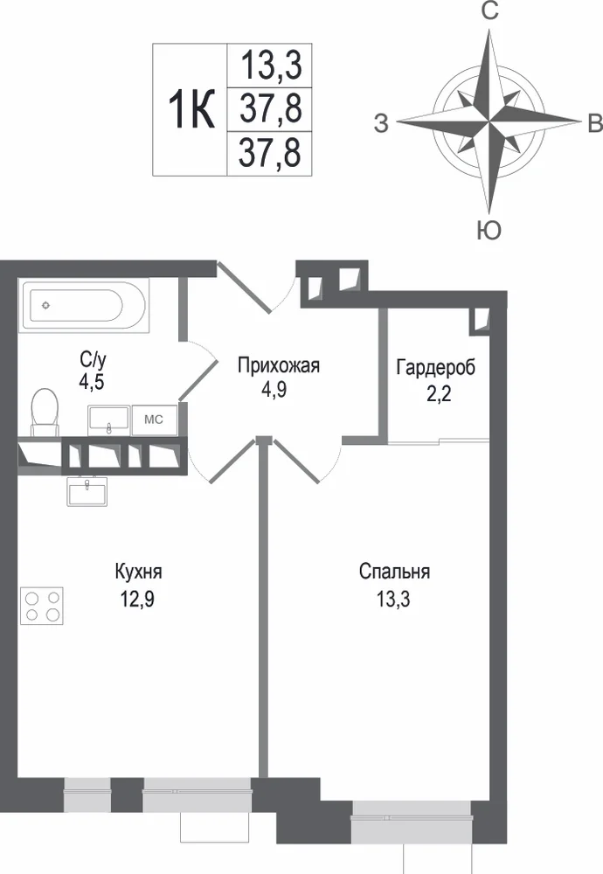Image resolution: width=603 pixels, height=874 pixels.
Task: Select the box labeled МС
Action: point(155,420)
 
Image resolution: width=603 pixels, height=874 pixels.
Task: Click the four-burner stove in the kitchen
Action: point(42,606)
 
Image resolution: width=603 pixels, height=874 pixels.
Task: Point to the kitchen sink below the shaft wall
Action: point(87,491)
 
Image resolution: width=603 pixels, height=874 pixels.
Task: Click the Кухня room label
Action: point(138,572)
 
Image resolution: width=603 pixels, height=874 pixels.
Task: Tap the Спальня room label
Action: point(394,572)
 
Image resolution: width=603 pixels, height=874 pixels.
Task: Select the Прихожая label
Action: point(278,366)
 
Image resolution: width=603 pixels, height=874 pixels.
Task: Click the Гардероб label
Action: point(436,368)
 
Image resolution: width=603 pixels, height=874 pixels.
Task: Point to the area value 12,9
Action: point(137,600)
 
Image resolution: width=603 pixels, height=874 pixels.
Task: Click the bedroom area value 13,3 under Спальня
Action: point(393,600)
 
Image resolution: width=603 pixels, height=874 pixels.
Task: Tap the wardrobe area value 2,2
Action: point(439,394)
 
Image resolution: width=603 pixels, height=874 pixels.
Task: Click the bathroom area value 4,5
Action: point(92,382)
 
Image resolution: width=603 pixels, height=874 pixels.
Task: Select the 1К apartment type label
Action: point(191,110)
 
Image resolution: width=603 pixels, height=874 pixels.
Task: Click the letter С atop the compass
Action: point(489,10)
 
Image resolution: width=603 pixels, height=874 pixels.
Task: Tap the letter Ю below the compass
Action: point(489,230)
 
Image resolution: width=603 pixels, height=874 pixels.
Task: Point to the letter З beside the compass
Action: point(381,123)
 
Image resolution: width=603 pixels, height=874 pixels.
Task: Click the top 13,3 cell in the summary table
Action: point(271,65)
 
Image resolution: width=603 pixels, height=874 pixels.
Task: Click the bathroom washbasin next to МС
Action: point(108,420)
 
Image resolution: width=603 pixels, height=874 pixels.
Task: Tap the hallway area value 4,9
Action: point(274,390)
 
